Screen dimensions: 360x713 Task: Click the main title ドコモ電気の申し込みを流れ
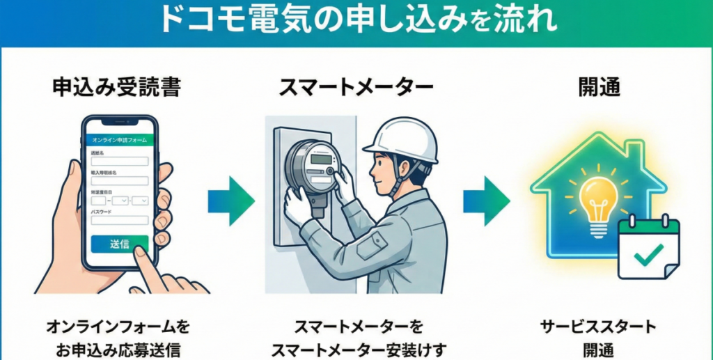click(x=356, y=21)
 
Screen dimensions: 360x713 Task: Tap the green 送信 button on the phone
click(x=119, y=244)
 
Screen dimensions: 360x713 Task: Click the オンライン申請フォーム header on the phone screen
click(x=119, y=140)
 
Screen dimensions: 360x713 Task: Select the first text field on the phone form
click(x=119, y=161)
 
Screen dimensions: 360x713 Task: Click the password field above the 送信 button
click(x=119, y=220)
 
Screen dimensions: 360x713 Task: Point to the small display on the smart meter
click(x=320, y=159)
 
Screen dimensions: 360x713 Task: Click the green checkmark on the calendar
click(x=648, y=256)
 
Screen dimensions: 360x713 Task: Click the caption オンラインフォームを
click(x=118, y=327)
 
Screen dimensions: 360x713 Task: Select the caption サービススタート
click(x=598, y=327)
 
